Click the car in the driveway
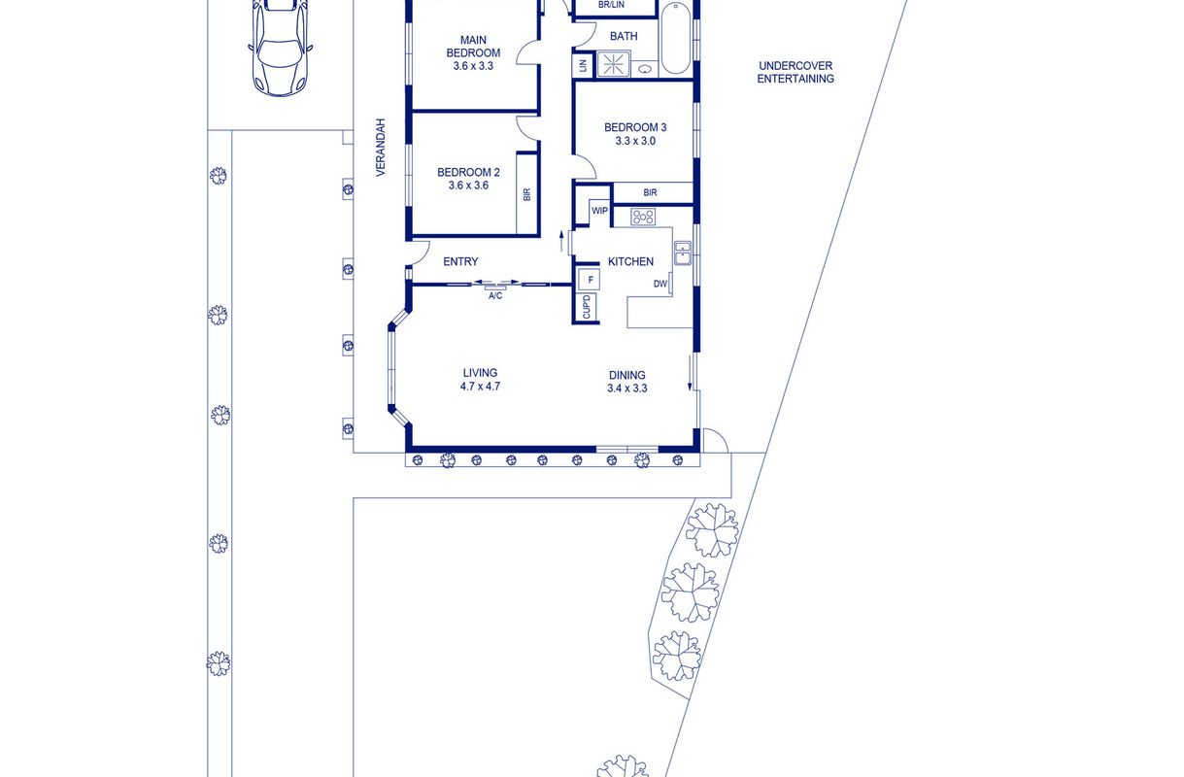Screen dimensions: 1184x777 pyautogui.click(x=280, y=48)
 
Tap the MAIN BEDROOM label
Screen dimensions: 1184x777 pyautogui.click(x=473, y=47)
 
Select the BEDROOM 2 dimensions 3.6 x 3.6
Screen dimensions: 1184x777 pyautogui.click(x=468, y=186)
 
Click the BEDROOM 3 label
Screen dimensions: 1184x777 pyautogui.click(x=635, y=127)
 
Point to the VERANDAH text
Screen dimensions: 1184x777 pyautogui.click(x=381, y=148)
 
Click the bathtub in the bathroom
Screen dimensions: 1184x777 pyautogui.click(x=676, y=38)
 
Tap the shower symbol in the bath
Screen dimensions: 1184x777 pyautogui.click(x=614, y=64)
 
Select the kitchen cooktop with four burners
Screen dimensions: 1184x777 pyautogui.click(x=643, y=217)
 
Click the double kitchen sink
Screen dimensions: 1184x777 pyautogui.click(x=683, y=253)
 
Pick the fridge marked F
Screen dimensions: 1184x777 pyautogui.click(x=590, y=280)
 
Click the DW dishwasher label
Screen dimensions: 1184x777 pyautogui.click(x=660, y=284)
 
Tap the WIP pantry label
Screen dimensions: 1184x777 pyautogui.click(x=599, y=211)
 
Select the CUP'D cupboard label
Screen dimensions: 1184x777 pyautogui.click(x=587, y=307)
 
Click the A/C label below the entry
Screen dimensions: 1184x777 pyautogui.click(x=495, y=296)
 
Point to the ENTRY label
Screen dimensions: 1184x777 pyautogui.click(x=460, y=261)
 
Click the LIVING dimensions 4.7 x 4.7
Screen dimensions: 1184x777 pyautogui.click(x=480, y=387)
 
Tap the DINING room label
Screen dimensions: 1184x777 pyautogui.click(x=626, y=375)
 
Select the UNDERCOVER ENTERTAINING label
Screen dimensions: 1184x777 pyautogui.click(x=795, y=73)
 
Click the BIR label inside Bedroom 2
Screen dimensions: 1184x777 pyautogui.click(x=527, y=194)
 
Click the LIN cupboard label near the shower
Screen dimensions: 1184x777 pyautogui.click(x=584, y=66)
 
